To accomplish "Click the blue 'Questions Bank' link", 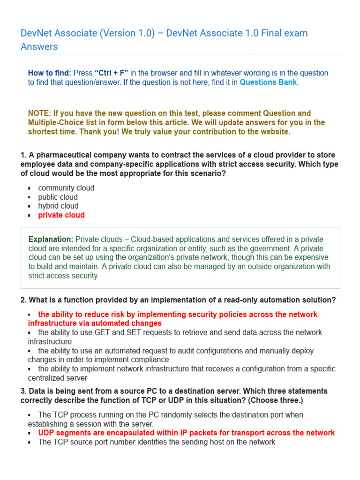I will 268,82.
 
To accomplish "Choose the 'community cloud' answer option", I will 66,188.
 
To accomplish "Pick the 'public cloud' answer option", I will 58,197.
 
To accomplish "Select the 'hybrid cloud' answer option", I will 59,206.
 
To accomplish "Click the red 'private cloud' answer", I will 61,215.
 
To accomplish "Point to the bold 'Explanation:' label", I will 51,240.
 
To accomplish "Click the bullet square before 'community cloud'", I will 29,188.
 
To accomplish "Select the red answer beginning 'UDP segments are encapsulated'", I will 187,433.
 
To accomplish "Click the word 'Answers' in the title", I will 39,46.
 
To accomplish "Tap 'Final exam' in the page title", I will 286,33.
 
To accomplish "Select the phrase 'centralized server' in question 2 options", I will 58,378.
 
